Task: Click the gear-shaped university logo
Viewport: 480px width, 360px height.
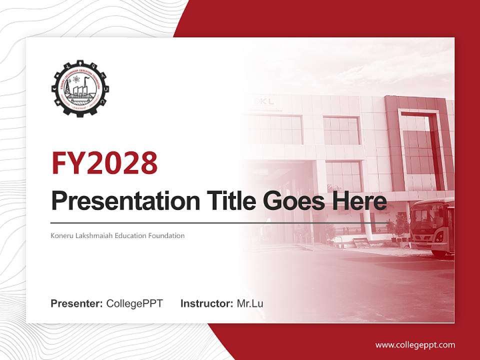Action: coord(80,88)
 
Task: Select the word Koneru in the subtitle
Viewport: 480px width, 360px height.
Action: coord(61,235)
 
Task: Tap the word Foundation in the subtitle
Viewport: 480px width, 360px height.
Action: coord(165,235)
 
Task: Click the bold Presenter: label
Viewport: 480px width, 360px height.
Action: coord(77,303)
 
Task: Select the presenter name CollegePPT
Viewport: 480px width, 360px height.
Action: coord(134,303)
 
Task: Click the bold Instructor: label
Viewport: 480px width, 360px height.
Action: coord(206,303)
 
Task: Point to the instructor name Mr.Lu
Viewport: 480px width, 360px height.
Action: coord(250,303)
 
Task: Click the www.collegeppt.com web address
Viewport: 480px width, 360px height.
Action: coord(415,345)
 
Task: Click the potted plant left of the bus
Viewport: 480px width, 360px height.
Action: coord(400,227)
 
